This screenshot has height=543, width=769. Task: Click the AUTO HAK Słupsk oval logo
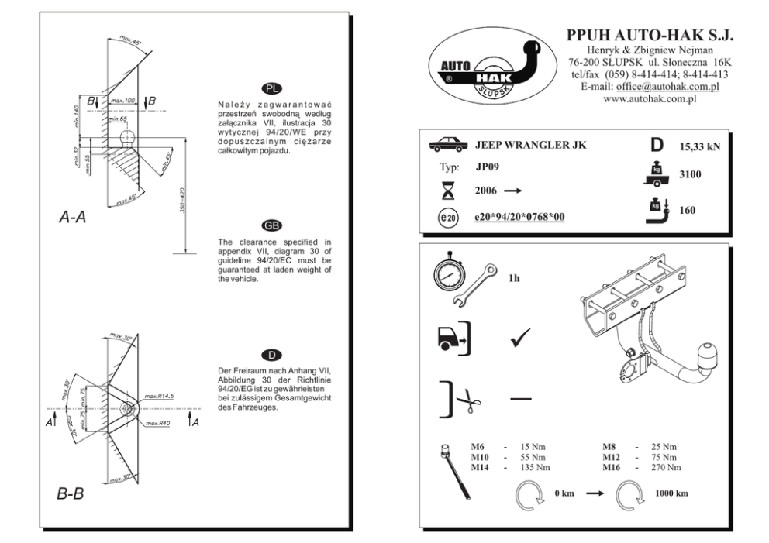[492, 66]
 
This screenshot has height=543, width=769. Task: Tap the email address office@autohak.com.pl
[667, 86]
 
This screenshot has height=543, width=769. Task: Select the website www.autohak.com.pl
[650, 98]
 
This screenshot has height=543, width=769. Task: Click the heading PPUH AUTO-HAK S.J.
[650, 35]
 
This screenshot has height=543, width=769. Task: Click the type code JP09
[487, 167]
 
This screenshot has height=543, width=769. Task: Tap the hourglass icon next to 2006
[448, 190]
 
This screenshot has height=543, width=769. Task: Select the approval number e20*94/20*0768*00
[519, 217]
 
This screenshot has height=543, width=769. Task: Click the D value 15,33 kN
[700, 146]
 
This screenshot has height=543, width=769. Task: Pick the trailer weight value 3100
[690, 174]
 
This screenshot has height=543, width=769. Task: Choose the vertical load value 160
[687, 210]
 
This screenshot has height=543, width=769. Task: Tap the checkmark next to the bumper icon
[520, 338]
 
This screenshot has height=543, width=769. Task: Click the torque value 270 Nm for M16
[666, 468]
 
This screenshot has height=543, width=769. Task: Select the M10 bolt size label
[480, 457]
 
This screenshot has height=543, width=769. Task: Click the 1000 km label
[671, 493]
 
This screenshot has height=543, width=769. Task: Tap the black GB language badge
[271, 225]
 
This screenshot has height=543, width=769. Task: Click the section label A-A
[73, 217]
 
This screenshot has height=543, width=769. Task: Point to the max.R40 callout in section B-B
[158, 423]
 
